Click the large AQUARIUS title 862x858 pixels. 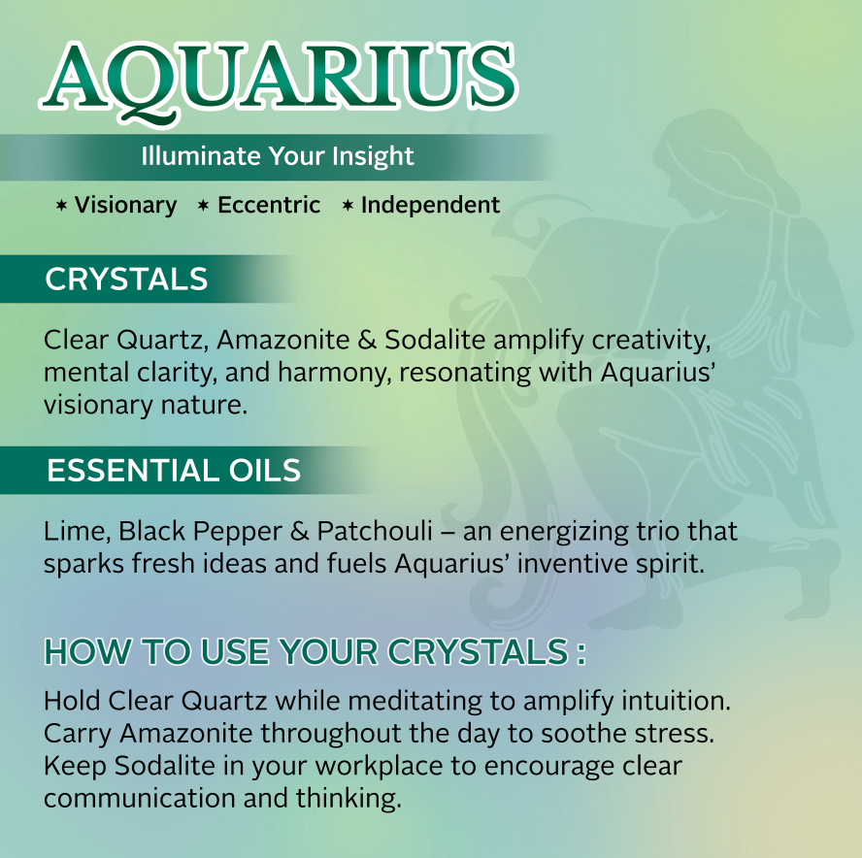[x=278, y=81]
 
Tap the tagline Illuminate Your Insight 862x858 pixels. [x=277, y=156]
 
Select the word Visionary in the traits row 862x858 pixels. [x=126, y=206]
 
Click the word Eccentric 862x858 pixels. [x=269, y=205]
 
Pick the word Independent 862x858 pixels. [x=430, y=206]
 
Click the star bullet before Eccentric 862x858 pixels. [x=204, y=206]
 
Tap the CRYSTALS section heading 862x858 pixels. [x=126, y=279]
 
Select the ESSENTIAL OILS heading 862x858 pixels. [x=174, y=471]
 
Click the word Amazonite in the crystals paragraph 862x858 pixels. [x=283, y=340]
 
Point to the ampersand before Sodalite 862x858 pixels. [x=367, y=340]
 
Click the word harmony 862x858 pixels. [x=334, y=374]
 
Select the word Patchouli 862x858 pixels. [x=375, y=531]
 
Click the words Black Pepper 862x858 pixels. [x=200, y=532]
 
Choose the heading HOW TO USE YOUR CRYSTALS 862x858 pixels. [x=315, y=652]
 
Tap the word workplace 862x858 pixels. [x=379, y=767]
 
